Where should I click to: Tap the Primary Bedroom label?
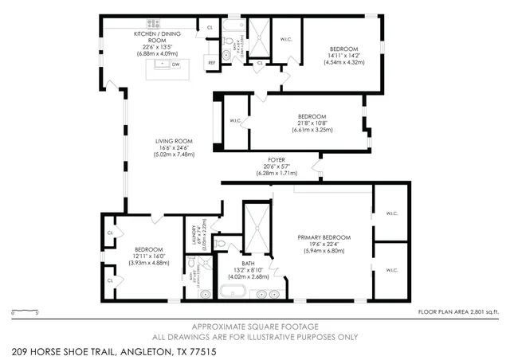point(324,237)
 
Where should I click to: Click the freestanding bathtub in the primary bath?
point(233,291)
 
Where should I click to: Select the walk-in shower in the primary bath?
point(254,226)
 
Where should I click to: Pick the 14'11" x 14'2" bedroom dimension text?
point(344,56)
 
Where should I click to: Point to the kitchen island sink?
point(163,64)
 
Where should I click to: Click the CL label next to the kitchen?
point(210,27)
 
